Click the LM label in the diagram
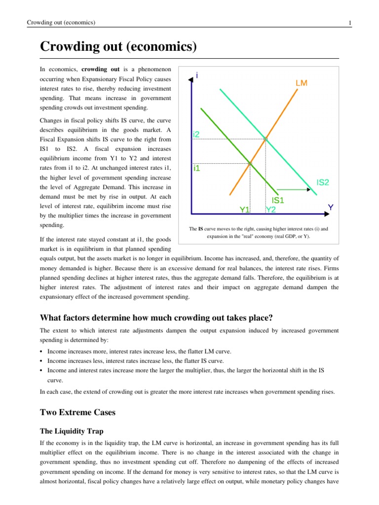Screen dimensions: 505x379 302,83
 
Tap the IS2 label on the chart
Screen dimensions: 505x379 323,182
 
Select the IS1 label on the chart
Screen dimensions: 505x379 278,200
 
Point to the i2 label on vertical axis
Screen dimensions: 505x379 196,134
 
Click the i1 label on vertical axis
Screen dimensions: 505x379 196,168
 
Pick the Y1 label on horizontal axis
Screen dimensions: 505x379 245,210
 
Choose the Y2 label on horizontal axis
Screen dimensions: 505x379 270,210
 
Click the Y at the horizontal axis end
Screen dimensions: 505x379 331,208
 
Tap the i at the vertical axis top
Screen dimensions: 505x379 197,75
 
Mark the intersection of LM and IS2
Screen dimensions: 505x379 265,140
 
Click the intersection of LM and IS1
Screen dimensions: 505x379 250,163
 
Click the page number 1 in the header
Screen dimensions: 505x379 349,23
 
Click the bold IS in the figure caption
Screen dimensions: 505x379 201,229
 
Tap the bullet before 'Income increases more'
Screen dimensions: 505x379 41,352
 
